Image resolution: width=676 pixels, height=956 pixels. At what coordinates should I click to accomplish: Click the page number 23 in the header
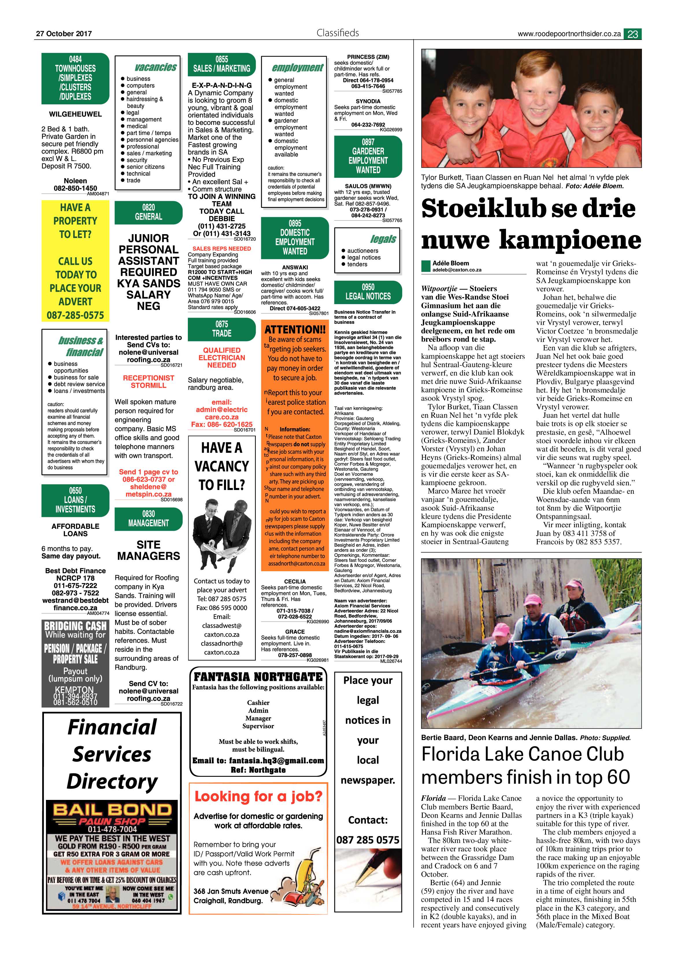tap(632, 34)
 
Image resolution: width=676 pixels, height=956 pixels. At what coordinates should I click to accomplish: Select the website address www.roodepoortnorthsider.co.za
tap(569, 34)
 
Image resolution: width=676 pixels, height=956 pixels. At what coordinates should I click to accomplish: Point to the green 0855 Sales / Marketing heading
tap(221, 64)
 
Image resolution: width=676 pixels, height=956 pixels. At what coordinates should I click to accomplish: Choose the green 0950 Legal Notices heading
tap(368, 292)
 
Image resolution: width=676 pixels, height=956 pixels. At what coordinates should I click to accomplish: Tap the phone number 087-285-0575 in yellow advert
tap(75, 315)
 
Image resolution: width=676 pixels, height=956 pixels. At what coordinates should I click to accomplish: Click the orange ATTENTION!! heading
tap(295, 329)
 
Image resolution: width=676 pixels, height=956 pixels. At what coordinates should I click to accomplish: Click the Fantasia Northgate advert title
tap(258, 677)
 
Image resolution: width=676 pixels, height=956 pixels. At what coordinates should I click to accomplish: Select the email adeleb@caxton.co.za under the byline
tap(457, 270)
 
